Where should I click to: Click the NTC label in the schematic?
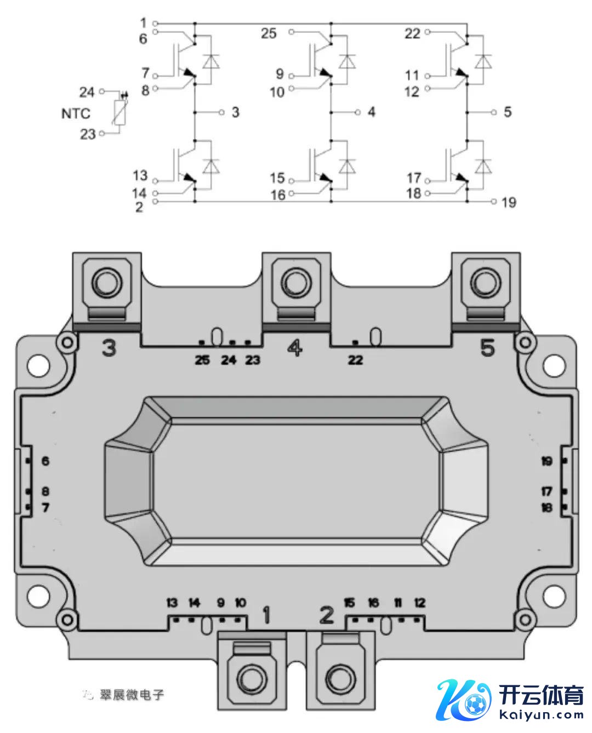pos(76,113)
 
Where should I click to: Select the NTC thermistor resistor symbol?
pos(119,112)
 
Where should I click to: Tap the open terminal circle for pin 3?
pos(222,112)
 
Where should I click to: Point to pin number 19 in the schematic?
pos(509,202)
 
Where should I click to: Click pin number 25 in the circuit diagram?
pos(269,33)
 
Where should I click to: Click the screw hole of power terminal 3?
pos(107,283)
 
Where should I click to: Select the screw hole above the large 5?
pos(485,283)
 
